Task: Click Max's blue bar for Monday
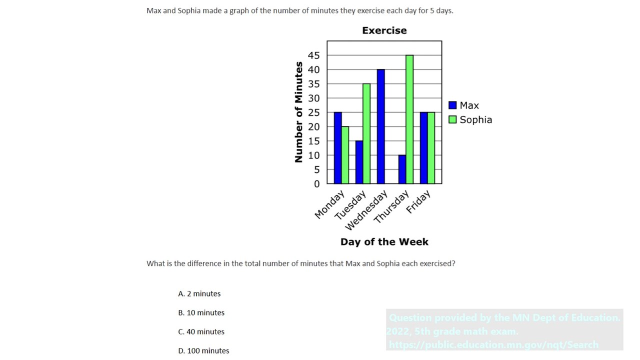click(x=338, y=148)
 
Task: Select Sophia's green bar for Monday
click(x=345, y=155)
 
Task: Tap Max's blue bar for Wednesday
click(x=381, y=126)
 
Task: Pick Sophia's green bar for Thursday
click(x=409, y=119)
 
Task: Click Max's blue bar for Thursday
click(x=402, y=169)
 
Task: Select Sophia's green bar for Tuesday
click(x=366, y=133)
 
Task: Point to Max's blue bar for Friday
click(x=424, y=148)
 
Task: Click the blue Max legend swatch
click(x=452, y=105)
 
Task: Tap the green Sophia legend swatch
click(x=452, y=119)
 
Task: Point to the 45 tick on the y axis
click(x=313, y=55)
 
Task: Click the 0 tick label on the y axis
click(x=316, y=184)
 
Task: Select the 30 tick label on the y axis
click(x=313, y=98)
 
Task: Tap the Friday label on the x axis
click(x=418, y=202)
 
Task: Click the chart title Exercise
click(x=384, y=30)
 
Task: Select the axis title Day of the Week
click(x=384, y=242)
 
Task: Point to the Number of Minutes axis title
click(x=299, y=112)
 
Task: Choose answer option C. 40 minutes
click(x=201, y=331)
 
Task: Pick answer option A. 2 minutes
click(x=199, y=293)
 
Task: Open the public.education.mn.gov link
click(x=493, y=344)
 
